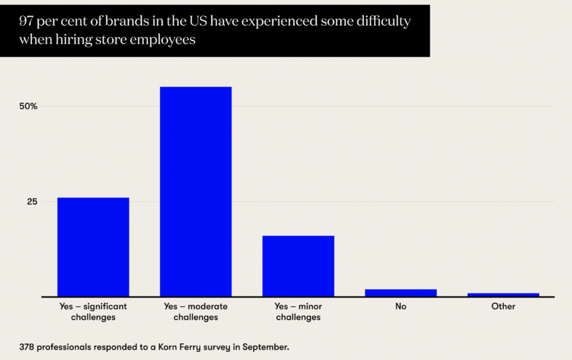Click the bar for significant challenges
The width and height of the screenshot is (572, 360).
click(93, 247)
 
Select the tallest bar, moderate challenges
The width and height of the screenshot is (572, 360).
click(196, 191)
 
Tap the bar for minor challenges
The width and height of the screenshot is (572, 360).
click(298, 266)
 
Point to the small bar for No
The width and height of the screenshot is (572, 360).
click(401, 292)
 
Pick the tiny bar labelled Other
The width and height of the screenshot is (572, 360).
click(503, 294)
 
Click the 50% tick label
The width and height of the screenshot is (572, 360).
click(28, 106)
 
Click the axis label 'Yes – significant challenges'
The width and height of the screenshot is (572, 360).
click(93, 312)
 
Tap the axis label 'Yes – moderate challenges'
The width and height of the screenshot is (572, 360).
click(196, 312)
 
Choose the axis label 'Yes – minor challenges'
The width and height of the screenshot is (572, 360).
click(298, 312)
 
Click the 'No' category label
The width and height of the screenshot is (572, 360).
click(401, 306)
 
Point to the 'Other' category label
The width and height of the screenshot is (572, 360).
click(503, 306)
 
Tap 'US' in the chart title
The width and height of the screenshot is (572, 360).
click(198, 22)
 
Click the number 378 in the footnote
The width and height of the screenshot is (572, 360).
click(26, 347)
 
